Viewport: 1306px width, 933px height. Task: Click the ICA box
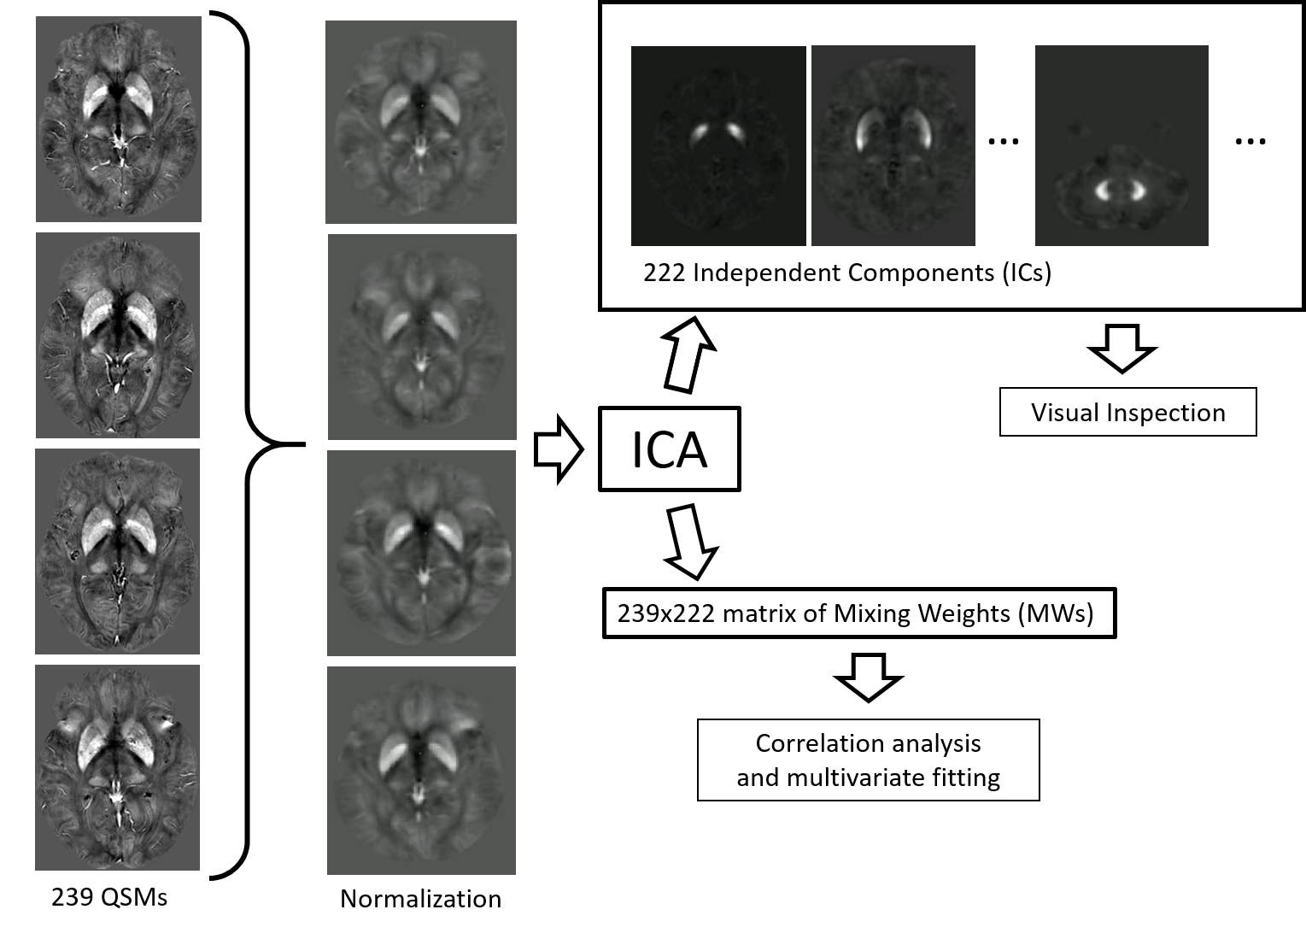click(x=670, y=449)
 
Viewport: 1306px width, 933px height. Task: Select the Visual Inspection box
click(x=1128, y=412)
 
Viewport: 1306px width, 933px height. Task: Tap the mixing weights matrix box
click(x=859, y=613)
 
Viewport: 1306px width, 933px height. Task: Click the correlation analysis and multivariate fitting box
click(x=868, y=760)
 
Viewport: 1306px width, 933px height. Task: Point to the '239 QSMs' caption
click(x=109, y=897)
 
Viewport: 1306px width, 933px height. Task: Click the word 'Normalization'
click(x=420, y=899)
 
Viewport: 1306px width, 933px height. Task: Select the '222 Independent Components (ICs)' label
click(x=847, y=273)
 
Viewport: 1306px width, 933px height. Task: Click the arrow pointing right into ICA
click(x=559, y=449)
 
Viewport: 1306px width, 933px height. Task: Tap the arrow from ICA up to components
click(x=687, y=355)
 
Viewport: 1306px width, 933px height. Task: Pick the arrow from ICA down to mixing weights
click(x=692, y=543)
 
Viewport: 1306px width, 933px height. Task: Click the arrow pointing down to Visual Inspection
click(x=1122, y=349)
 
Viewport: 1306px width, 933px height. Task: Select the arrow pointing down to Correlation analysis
click(x=869, y=678)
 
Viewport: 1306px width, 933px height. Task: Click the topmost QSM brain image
click(x=119, y=119)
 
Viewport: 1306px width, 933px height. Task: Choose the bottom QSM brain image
click(x=117, y=767)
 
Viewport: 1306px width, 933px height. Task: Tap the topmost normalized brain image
click(x=421, y=122)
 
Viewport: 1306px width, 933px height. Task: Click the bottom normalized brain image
click(x=422, y=771)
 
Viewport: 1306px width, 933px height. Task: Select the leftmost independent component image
click(x=718, y=146)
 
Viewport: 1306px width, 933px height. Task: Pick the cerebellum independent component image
click(x=1122, y=146)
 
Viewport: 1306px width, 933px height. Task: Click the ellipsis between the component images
click(x=1004, y=141)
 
